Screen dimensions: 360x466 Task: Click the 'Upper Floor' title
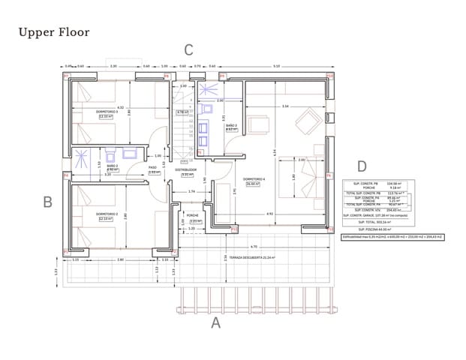pyautogui.click(x=53, y=32)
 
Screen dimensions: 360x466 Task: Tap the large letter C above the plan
pyautogui.click(x=189, y=50)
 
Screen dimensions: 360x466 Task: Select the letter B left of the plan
pyautogui.click(x=47, y=201)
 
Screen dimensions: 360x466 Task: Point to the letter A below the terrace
pyautogui.click(x=216, y=323)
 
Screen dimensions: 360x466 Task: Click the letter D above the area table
pyautogui.click(x=362, y=166)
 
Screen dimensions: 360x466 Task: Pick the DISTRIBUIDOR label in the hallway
pyautogui.click(x=185, y=169)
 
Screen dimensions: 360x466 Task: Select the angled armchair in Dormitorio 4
pyautogui.click(x=307, y=120)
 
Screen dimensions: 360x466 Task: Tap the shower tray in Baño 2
pyautogui.click(x=131, y=155)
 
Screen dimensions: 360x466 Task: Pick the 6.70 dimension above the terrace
pyautogui.click(x=254, y=247)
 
